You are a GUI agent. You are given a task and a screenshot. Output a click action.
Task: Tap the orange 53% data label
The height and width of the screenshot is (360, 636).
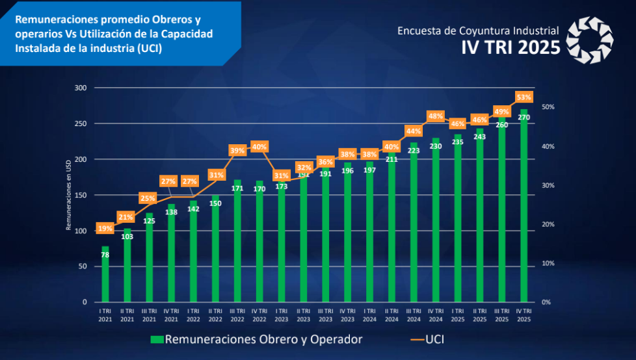[x=524, y=97]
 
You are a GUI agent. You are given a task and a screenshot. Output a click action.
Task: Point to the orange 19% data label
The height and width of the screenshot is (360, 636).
[x=105, y=228]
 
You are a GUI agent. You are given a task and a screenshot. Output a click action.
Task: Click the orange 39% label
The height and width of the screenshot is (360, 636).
[x=237, y=150]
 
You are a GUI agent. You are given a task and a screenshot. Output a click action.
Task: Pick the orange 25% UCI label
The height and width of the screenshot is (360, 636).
[x=149, y=198]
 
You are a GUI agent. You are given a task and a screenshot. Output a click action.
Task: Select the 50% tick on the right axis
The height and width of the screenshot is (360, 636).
[x=548, y=107]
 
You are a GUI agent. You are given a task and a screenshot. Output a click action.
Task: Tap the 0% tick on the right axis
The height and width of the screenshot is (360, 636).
[x=546, y=302]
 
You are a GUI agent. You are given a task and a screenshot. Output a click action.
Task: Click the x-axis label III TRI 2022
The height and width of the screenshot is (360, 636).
[x=237, y=315]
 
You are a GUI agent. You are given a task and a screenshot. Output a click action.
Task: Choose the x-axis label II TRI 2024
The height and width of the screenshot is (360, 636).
[x=391, y=315]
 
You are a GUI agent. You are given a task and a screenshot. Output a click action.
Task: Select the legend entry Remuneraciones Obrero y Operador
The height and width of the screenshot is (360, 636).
[x=256, y=339]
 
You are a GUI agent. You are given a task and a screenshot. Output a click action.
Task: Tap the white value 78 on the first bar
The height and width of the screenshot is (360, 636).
[x=105, y=255]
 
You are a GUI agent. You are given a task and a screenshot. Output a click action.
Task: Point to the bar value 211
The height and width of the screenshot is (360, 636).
[x=391, y=159]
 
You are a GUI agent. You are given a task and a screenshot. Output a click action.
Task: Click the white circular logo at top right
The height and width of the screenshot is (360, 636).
[x=589, y=40]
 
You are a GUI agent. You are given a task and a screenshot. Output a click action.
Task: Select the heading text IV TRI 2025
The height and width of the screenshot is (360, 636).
[x=510, y=47]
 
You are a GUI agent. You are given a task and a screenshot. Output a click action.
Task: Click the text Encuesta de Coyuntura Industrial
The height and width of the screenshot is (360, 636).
[x=478, y=31]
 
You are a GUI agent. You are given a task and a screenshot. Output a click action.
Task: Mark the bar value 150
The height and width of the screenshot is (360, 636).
[x=215, y=203]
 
